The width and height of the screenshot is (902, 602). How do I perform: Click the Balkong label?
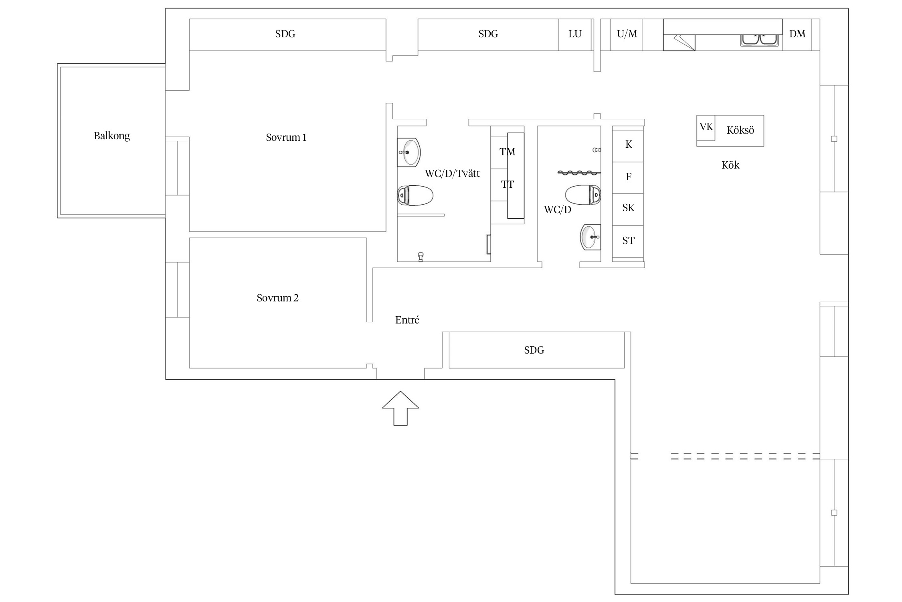click(112, 136)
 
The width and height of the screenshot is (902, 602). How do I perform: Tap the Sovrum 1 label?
click(286, 138)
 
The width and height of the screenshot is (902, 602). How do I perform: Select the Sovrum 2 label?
click(277, 298)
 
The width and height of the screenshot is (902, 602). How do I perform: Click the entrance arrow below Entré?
click(400, 408)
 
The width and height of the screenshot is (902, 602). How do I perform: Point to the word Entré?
click(407, 320)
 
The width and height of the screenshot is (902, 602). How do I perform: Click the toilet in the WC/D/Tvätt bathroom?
click(415, 195)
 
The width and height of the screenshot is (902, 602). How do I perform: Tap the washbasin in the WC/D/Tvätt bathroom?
click(409, 152)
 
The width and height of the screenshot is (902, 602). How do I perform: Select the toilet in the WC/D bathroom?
click(583, 195)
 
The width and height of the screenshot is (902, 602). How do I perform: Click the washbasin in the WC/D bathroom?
click(591, 237)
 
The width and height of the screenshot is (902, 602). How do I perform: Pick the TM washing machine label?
click(507, 152)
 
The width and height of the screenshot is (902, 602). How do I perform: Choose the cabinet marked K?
click(628, 144)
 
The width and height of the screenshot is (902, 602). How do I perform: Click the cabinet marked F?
click(628, 178)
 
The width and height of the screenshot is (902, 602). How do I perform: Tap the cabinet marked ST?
click(628, 241)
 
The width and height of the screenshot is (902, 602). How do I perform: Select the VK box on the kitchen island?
click(706, 127)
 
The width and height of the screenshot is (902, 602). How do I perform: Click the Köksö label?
click(740, 130)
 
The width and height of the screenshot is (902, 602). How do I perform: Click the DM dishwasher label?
click(797, 34)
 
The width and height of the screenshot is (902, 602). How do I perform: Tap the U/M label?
click(627, 34)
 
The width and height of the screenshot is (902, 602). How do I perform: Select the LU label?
click(575, 34)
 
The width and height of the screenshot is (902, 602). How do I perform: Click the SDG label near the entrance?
click(534, 350)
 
